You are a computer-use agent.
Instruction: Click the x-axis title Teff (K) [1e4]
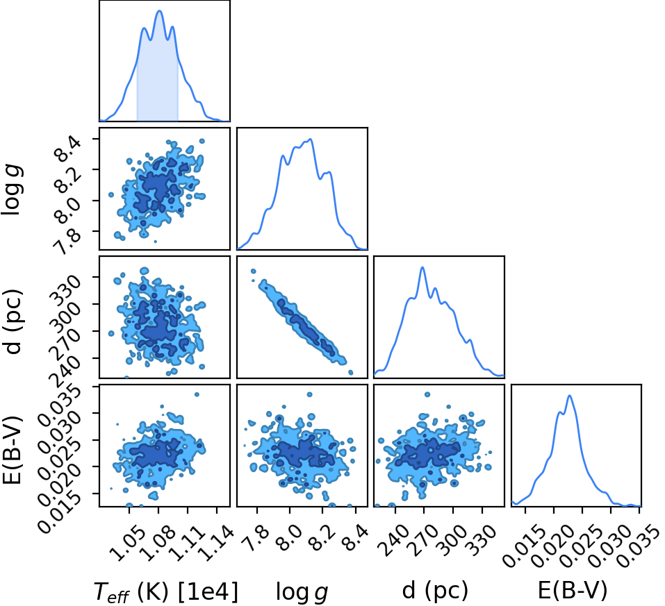(166, 591)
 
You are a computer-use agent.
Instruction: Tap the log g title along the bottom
(302, 592)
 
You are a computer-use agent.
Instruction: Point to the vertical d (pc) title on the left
(13, 321)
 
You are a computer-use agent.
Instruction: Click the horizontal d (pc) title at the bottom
(436, 590)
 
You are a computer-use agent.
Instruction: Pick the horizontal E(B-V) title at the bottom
(573, 590)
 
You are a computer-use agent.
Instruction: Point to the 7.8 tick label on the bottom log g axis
(257, 538)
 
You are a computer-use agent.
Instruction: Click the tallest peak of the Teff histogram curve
(159, 10)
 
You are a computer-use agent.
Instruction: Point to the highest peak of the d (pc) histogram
(422, 267)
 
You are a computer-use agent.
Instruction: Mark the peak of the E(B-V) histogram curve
(570, 396)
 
